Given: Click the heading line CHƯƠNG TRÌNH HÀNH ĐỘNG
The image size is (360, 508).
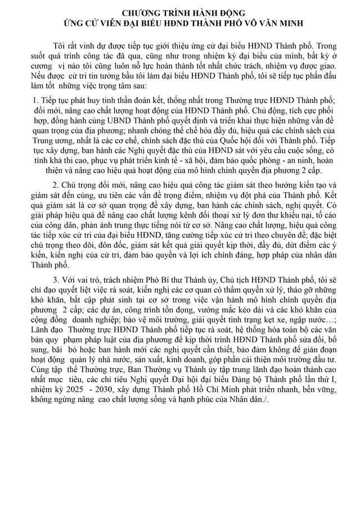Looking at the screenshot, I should coord(179,12).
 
